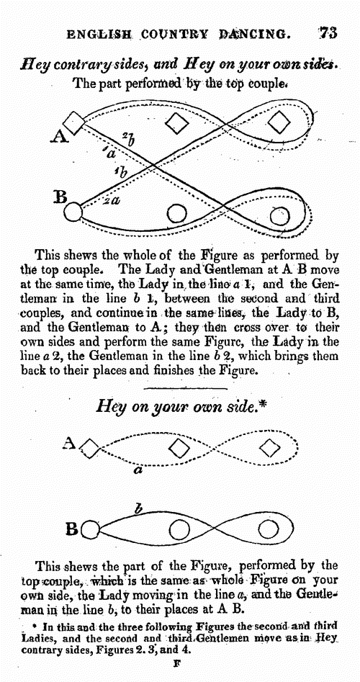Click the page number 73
pyautogui.click(x=327, y=32)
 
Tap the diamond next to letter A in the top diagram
pyautogui.click(x=74, y=122)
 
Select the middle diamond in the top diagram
pyautogui.click(x=176, y=123)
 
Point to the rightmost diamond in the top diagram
pyautogui.click(x=278, y=122)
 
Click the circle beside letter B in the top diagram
pyautogui.click(x=73, y=212)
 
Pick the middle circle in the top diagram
pyautogui.click(x=176, y=213)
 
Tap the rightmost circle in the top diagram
pyautogui.click(x=279, y=215)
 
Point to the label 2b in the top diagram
pyautogui.click(x=128, y=139)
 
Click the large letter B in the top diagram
pyautogui.click(x=59, y=198)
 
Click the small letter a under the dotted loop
pyautogui.click(x=139, y=470)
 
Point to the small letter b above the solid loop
pyautogui.click(x=138, y=508)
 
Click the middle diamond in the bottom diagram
pyautogui.click(x=179, y=447)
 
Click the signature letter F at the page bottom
pyautogui.click(x=176, y=665)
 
